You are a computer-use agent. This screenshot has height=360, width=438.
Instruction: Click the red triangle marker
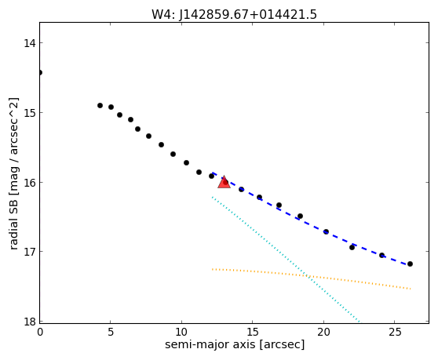224,182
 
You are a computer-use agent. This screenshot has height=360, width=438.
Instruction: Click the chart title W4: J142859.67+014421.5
234,15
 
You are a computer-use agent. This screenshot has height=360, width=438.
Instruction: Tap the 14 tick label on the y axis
29,43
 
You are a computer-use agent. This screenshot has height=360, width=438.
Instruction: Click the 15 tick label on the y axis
29,113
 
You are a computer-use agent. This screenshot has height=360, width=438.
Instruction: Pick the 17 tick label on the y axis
29,252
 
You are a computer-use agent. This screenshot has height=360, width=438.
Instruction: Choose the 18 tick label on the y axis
29,322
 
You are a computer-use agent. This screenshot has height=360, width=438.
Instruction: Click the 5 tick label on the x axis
111,332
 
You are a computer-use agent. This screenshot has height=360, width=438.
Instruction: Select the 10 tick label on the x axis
181,332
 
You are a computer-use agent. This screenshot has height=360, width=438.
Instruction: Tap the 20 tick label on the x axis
323,332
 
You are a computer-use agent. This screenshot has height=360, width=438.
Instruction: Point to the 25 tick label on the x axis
394,332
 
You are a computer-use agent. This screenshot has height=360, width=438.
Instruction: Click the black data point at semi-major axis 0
40,73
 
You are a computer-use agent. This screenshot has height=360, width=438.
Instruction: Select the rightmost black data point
410,264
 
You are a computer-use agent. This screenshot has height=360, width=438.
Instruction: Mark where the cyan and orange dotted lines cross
307,276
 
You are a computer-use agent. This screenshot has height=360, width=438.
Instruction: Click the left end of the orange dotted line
212,269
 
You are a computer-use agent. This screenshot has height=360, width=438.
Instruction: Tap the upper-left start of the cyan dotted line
212,198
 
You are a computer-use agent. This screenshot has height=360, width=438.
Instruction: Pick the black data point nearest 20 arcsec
326,231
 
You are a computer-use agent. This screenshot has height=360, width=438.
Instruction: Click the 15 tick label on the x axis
253,332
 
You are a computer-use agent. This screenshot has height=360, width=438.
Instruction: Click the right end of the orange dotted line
411,289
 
